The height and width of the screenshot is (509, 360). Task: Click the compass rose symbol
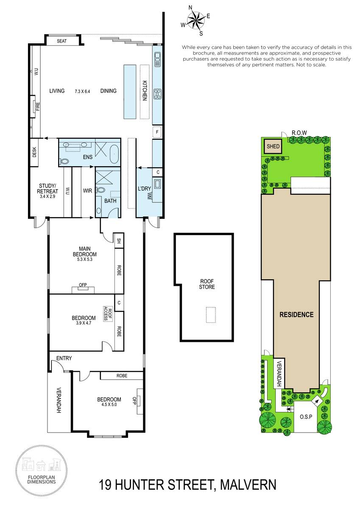[196, 21]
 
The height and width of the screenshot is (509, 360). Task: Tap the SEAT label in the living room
[61, 41]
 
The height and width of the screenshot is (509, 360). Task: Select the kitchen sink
[157, 59]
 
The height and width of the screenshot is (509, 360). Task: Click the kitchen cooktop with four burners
[157, 94]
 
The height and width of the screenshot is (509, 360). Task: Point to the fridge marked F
[157, 132]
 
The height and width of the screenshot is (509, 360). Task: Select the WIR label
[87, 190]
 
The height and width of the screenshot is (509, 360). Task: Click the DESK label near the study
[34, 152]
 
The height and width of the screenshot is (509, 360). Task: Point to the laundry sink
[157, 184]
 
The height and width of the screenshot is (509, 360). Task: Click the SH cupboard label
[119, 241]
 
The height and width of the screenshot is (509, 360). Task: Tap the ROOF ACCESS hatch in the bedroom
[108, 314]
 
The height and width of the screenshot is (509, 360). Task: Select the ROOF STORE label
[207, 284]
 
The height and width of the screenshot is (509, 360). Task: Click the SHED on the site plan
[273, 146]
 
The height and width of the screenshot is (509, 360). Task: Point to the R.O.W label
[299, 133]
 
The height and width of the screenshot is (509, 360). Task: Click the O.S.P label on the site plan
[306, 417]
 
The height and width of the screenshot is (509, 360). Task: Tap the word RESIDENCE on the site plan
[296, 314]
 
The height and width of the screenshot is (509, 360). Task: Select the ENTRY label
[64, 358]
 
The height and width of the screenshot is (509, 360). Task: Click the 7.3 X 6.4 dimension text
[82, 91]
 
